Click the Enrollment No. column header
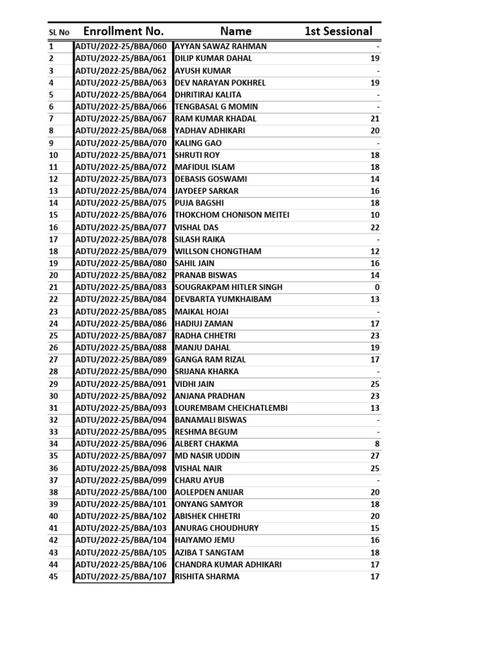point(123,31)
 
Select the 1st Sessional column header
point(338,31)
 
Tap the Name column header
point(236,31)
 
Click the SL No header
point(59,32)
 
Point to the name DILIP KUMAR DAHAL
point(213,58)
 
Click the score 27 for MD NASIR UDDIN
point(375,456)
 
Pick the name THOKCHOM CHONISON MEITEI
point(232,215)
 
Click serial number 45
point(53,576)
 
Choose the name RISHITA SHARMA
point(207,576)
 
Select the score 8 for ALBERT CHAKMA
point(377,444)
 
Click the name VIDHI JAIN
point(195,384)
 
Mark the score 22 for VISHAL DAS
point(375,227)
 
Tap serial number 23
point(53,311)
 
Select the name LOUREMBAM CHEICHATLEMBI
point(231,408)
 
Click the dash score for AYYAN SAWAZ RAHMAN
point(378,47)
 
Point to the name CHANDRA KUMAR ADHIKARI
point(228,565)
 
